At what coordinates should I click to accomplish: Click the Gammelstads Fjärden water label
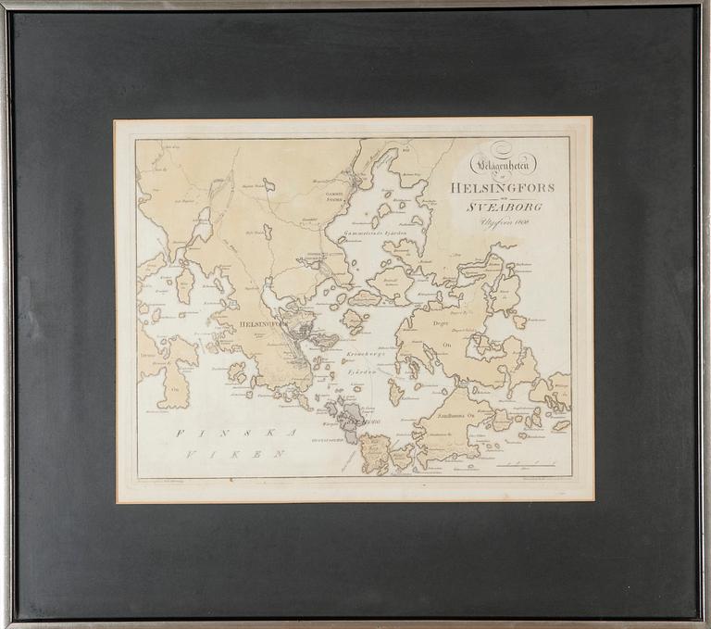click(x=380, y=233)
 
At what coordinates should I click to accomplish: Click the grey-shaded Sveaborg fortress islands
click(x=348, y=419)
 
